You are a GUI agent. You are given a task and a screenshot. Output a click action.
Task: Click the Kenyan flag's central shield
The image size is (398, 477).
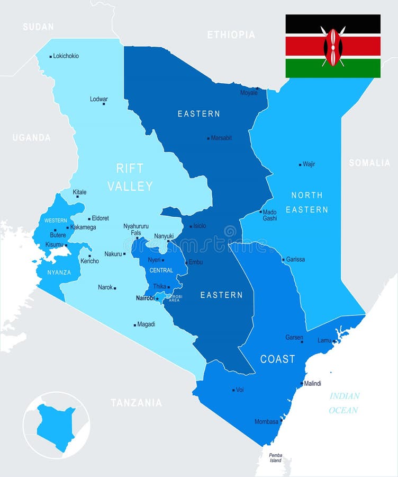tap(333, 47)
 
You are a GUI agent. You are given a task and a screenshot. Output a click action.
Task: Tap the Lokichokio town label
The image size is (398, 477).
tap(66, 56)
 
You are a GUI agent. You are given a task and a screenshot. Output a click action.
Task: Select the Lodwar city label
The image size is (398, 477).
tap(99, 99)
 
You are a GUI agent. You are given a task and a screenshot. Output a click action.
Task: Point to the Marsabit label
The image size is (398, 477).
tap(221, 138)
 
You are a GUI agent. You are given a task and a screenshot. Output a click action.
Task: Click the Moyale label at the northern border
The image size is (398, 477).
tap(249, 93)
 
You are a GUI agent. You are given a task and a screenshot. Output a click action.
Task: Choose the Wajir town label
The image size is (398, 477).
tap(309, 164)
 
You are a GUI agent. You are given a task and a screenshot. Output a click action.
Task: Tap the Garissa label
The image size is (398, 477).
tap(295, 260)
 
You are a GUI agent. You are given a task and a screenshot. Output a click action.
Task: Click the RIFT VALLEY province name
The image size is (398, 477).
tap(130, 177)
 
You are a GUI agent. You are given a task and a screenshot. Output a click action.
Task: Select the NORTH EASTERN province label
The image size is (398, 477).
tap(307, 202)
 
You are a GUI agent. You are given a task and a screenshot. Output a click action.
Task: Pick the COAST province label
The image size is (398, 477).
tap(277, 359)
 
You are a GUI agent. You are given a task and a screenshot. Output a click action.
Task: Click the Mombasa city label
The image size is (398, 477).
tap(266, 422)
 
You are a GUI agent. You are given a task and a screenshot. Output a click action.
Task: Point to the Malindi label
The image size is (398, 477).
tap(312, 384)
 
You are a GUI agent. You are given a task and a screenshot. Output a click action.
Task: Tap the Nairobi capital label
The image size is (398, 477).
tap(145, 298)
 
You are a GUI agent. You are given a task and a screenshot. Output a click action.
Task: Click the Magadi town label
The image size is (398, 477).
tap(146, 324)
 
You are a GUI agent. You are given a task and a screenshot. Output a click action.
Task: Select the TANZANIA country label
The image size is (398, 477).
tap(137, 403)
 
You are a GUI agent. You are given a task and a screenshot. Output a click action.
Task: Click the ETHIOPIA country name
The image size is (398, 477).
tap(231, 34)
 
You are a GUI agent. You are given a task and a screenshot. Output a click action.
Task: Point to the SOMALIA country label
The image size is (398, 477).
tap(369, 163)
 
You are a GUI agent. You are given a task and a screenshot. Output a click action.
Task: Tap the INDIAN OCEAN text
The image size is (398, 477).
tap(344, 403)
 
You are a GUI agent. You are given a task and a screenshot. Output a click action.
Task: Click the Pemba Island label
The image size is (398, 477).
tap(276, 457)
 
